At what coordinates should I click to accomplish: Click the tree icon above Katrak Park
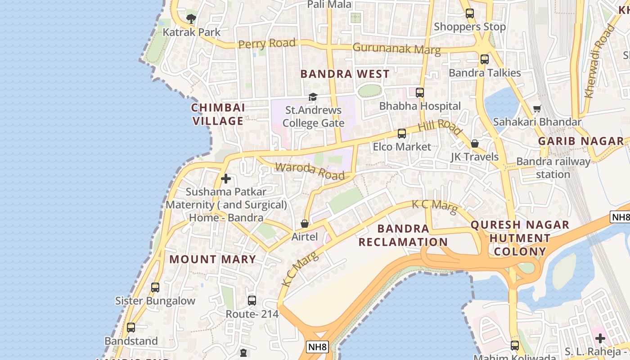pyautogui.click(x=191, y=18)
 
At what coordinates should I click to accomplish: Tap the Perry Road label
pyautogui.click(x=267, y=44)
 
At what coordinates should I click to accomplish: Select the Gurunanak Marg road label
pyautogui.click(x=396, y=48)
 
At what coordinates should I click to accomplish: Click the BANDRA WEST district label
pyautogui.click(x=345, y=74)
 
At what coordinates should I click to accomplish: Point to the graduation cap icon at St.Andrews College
pyautogui.click(x=313, y=97)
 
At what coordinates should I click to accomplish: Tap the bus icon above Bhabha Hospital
pyautogui.click(x=420, y=93)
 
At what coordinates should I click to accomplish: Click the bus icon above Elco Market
pyautogui.click(x=402, y=134)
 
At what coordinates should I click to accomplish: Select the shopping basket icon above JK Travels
pyautogui.click(x=475, y=144)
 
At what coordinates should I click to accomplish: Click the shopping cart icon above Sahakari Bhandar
pyautogui.click(x=537, y=108)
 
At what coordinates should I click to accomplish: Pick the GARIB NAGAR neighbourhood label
pyautogui.click(x=581, y=141)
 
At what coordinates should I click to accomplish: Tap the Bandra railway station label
pyautogui.click(x=553, y=168)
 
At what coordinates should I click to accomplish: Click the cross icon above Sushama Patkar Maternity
pyautogui.click(x=226, y=179)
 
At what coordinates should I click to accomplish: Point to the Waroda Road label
pyautogui.click(x=310, y=171)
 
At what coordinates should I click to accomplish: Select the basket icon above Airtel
pyautogui.click(x=305, y=224)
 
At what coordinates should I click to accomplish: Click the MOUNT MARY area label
pyautogui.click(x=212, y=259)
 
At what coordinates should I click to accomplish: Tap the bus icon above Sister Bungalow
pyautogui.click(x=155, y=287)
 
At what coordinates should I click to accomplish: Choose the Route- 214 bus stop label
pyautogui.click(x=252, y=314)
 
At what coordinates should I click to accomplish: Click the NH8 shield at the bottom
pyautogui.click(x=318, y=347)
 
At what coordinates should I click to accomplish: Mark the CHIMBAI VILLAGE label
pyautogui.click(x=218, y=114)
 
